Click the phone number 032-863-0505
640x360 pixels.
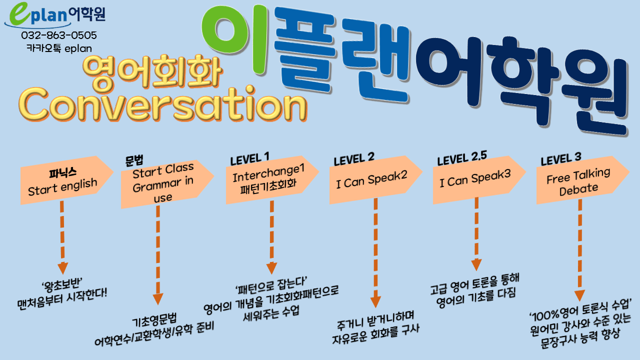(x=59, y=35)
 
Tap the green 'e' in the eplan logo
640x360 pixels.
(x=19, y=13)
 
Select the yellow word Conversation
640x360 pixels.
(x=163, y=105)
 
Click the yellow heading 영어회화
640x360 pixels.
(x=152, y=71)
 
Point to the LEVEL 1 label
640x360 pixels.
(x=249, y=159)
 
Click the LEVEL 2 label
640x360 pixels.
(x=353, y=159)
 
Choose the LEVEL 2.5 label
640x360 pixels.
(x=462, y=158)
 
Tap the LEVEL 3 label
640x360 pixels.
(x=560, y=159)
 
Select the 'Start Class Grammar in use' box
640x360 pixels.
(x=167, y=184)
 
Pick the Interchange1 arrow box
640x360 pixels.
(x=272, y=179)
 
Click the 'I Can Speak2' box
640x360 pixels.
(x=375, y=179)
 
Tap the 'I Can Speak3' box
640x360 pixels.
(x=479, y=179)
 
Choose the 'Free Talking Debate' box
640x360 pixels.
(x=583, y=180)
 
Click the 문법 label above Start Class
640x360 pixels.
(x=134, y=160)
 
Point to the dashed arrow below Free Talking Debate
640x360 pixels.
(x=579, y=250)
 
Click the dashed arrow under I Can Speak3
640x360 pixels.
(x=476, y=233)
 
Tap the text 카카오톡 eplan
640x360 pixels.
(x=59, y=48)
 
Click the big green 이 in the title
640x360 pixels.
(x=234, y=38)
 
